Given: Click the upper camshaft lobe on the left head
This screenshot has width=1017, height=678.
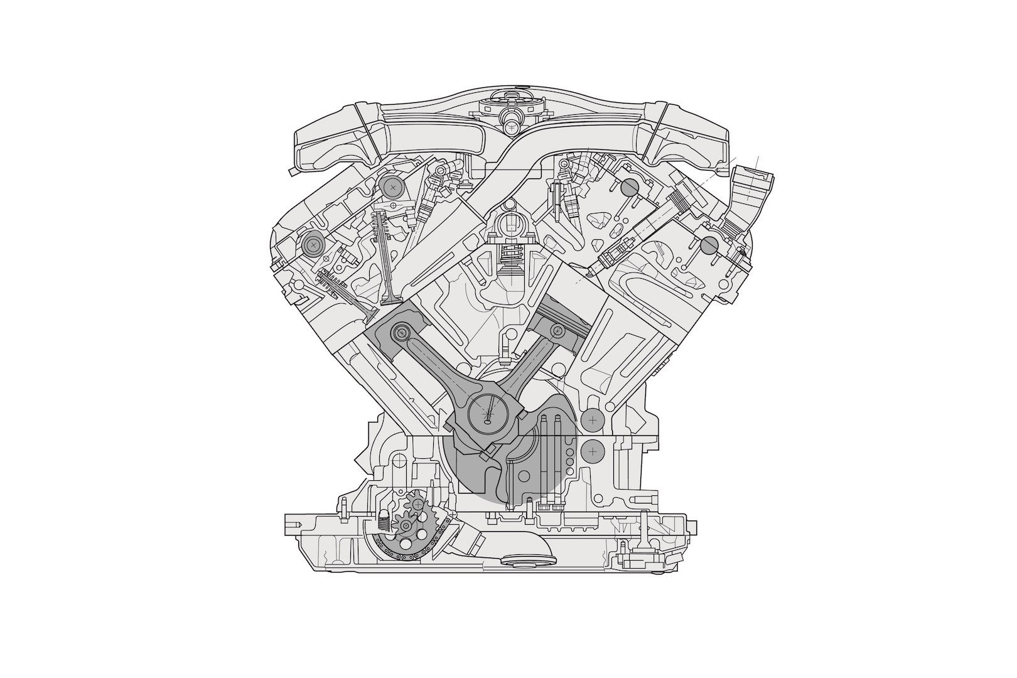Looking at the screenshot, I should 392,187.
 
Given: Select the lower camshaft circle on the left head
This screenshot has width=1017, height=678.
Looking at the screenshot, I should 312,244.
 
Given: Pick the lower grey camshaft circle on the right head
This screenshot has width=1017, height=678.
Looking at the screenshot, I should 709,245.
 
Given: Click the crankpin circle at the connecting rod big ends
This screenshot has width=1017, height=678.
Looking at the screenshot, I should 490,414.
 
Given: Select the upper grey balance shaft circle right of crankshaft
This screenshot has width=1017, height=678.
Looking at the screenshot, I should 592,418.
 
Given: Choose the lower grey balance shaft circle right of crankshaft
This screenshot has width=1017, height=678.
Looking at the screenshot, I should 592,450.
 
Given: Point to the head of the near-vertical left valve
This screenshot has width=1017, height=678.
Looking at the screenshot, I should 391,294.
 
